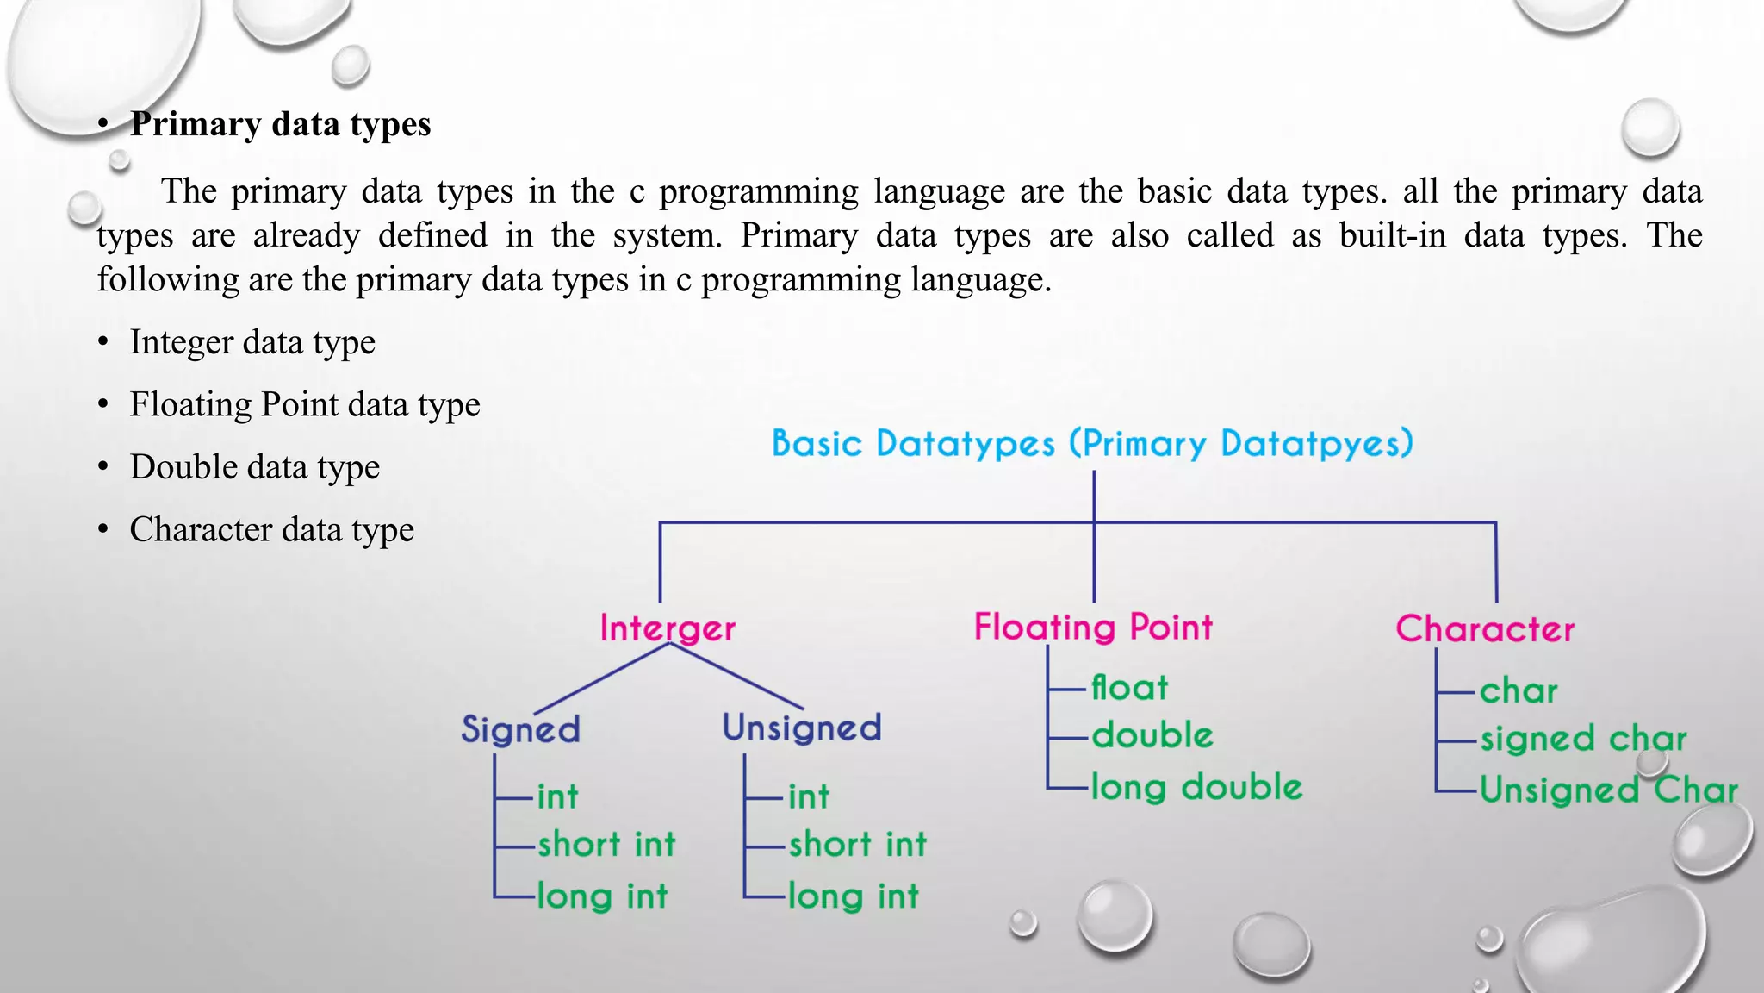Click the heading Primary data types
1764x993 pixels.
pos(280,124)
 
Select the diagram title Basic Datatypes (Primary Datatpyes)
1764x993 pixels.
pos(1092,444)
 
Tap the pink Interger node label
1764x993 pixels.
pos(668,628)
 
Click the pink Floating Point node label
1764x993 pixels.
pos(1093,627)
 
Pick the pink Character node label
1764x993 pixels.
pos(1485,628)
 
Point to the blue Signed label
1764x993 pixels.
pos(520,729)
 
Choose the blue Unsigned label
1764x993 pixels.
pos(802,728)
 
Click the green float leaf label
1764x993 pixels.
pos(1129,688)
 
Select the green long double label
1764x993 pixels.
pos(1196,787)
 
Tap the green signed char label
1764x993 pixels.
pos(1583,739)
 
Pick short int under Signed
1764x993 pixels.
pos(606,845)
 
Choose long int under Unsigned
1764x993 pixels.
pos(854,896)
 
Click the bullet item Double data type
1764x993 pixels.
pos(255,467)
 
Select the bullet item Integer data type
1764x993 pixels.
pos(252,342)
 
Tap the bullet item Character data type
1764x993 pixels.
pos(272,529)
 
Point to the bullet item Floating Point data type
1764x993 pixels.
pos(305,404)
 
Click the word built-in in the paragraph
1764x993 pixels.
pos(1392,235)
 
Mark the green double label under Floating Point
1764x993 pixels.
pos(1152,736)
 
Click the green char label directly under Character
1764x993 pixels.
pos(1519,691)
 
